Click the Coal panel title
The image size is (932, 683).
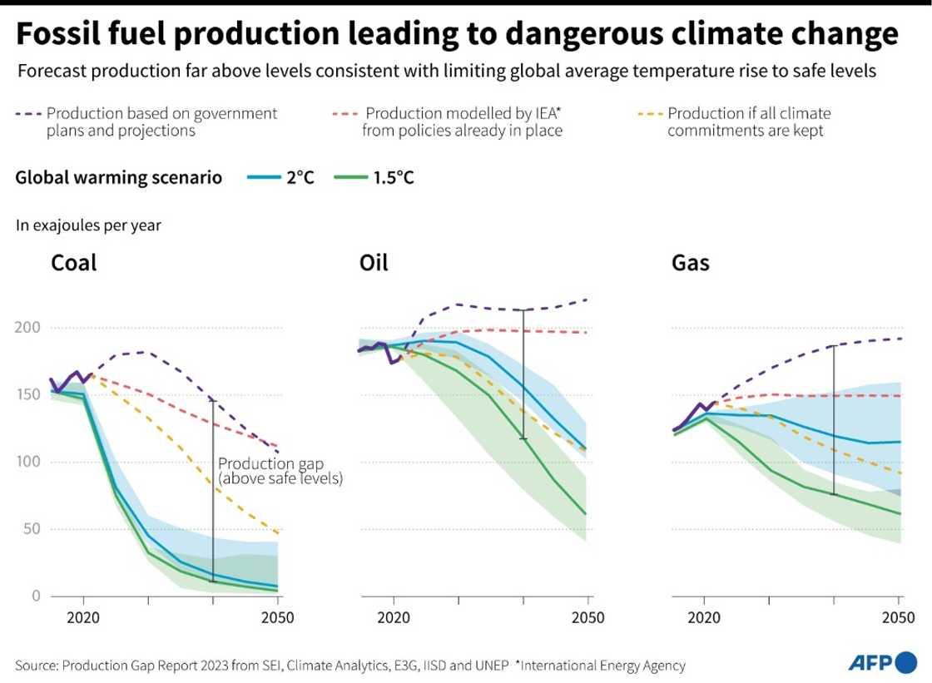coord(74,264)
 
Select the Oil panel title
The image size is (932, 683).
coord(374,264)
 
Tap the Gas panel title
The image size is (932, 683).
coord(690,264)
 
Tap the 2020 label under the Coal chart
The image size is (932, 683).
coord(83,618)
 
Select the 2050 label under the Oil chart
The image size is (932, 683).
coord(587,618)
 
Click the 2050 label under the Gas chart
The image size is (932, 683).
coord(898,618)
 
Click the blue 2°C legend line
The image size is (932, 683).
coord(263,178)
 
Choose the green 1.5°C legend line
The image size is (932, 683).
coord(349,178)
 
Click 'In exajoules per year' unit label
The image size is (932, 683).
coord(88,224)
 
